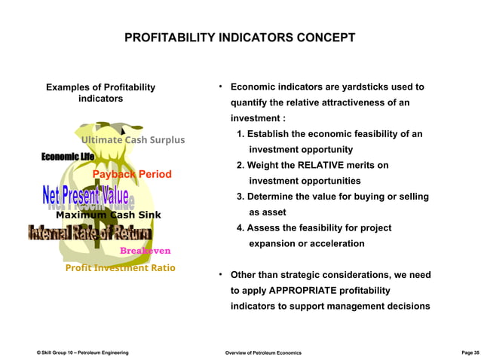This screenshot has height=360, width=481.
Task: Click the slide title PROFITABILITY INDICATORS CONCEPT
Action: (240, 38)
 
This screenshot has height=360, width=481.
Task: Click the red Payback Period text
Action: (132, 175)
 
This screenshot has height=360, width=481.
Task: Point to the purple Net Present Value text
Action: (87, 195)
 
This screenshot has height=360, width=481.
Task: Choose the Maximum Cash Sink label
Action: (108, 215)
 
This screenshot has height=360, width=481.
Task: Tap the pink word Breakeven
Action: (145, 251)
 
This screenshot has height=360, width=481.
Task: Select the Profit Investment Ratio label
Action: (120, 268)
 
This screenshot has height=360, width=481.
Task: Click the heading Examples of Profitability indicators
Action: (100, 93)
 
